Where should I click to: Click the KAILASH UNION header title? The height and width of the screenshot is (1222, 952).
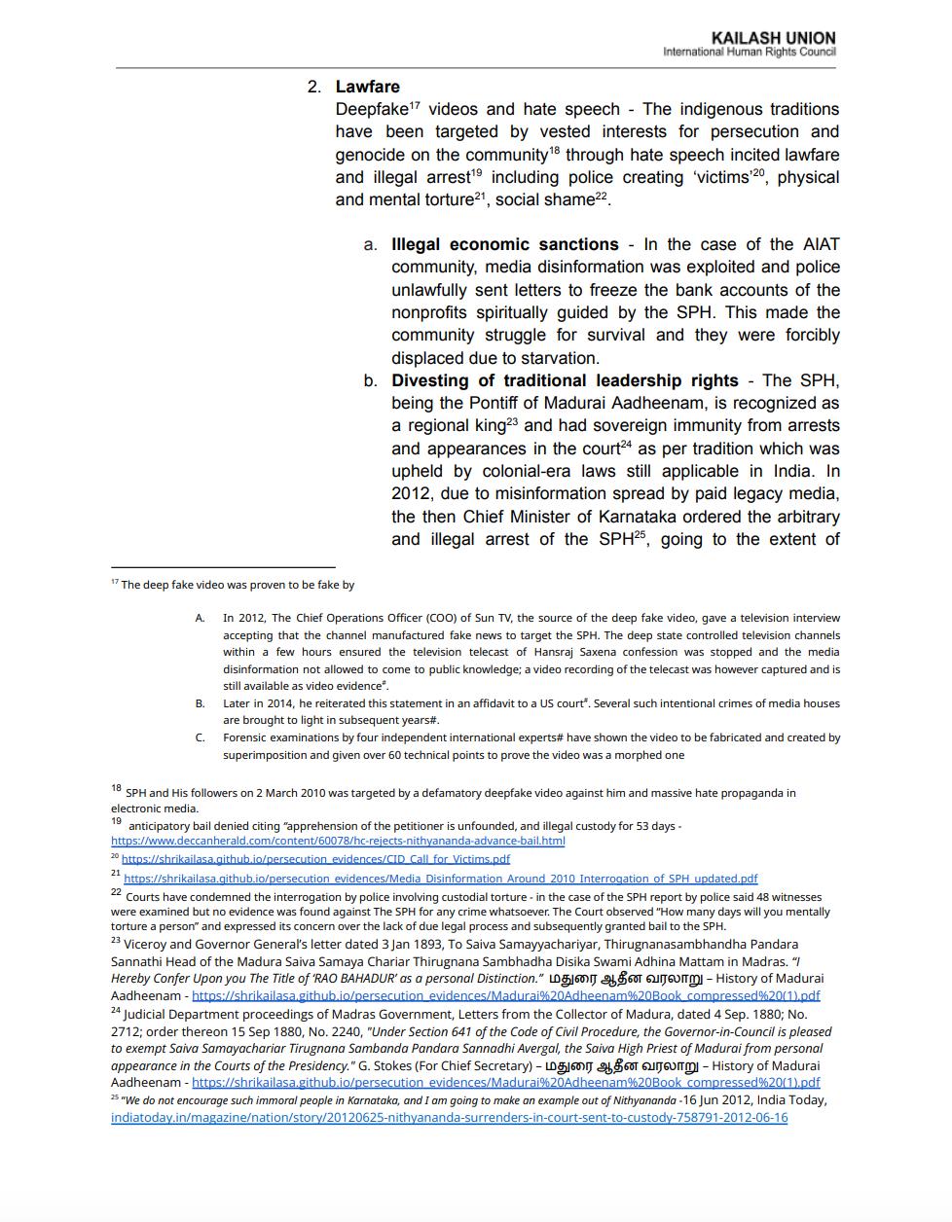773,38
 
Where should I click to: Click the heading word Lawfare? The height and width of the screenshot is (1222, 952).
367,87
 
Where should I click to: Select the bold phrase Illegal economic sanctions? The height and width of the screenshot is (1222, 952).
504,244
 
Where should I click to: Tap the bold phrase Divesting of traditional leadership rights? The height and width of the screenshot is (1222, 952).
565,380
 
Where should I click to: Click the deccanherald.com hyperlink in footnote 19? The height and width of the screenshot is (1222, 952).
337,841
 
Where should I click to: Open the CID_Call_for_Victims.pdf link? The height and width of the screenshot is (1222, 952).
315,859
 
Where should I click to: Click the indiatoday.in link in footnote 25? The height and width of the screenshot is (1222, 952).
449,1118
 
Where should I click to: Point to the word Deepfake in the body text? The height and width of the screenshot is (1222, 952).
372,110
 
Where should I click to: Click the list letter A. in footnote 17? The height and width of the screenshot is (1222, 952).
200,618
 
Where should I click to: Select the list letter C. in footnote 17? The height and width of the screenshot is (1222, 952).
200,737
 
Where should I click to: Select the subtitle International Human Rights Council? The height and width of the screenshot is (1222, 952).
749,53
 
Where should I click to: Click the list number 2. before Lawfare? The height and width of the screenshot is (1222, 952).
314,87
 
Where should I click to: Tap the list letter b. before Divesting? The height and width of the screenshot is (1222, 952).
371,380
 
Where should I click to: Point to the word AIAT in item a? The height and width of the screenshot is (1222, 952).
820,244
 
